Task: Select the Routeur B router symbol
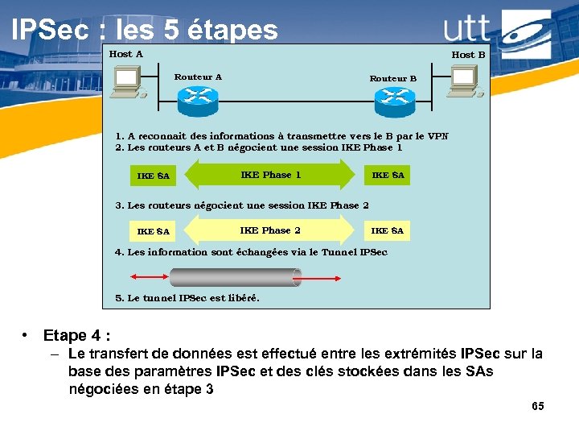coord(394,97)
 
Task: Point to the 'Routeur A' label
coord(198,77)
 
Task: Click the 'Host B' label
coord(468,55)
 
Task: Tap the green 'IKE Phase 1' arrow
coord(270,175)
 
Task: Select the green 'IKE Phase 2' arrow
coord(270,230)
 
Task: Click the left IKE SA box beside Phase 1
coord(154,176)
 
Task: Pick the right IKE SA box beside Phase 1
coord(388,175)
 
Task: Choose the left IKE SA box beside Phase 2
coord(154,231)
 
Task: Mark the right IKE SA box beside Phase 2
coord(388,230)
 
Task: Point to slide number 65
coord(538,406)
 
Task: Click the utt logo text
coord(467,29)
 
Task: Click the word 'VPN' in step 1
coord(437,136)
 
